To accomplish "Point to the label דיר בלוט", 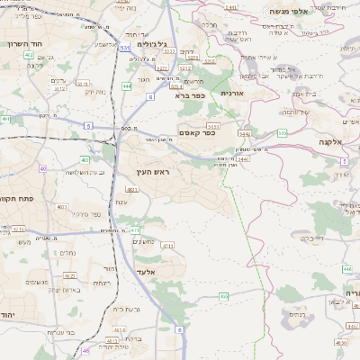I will [x=311, y=238].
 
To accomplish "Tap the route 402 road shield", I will [x=30, y=55].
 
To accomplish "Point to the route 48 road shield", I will [x=85, y=350].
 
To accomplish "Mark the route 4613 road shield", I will [x=116, y=341].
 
